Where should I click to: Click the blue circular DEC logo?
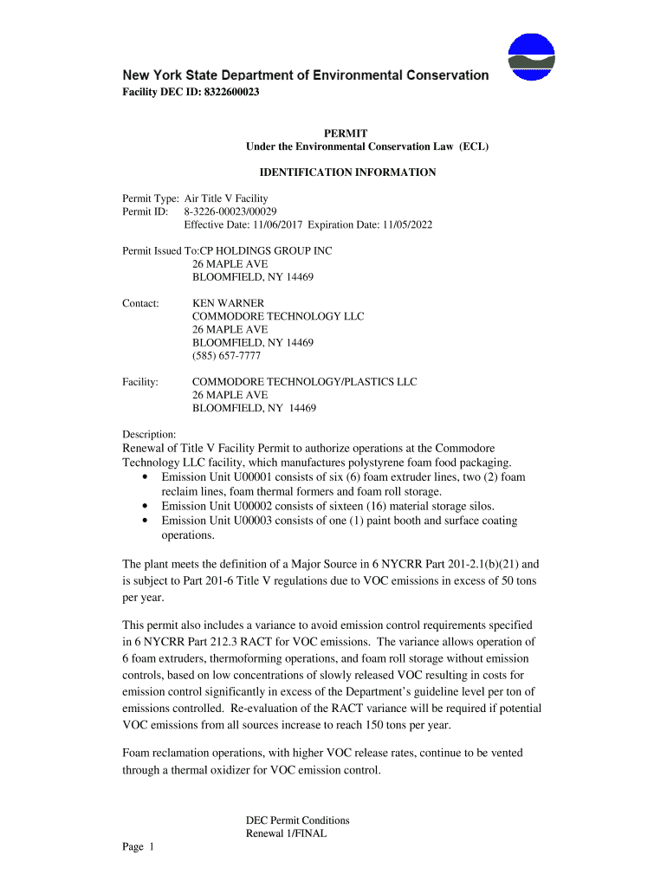coord(531,56)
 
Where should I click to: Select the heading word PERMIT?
coord(346,133)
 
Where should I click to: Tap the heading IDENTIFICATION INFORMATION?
coord(347,172)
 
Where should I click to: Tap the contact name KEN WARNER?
coord(228,303)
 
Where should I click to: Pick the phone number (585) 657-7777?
coord(226,355)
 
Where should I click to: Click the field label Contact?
coord(141,303)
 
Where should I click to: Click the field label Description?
coord(150,434)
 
